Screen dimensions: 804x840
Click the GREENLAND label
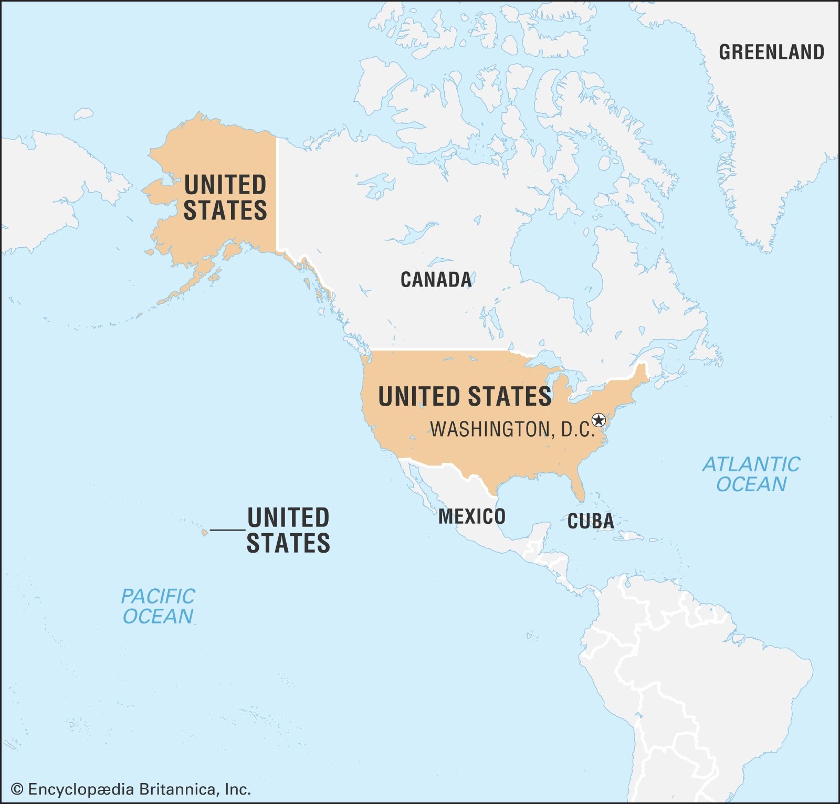(771, 52)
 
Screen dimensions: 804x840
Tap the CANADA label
(436, 280)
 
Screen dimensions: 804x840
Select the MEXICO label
(471, 516)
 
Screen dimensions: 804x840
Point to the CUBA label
(590, 521)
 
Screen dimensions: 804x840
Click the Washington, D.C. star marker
(598, 420)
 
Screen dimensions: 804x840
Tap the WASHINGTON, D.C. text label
(512, 429)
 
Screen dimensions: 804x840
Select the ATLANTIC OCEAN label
(751, 474)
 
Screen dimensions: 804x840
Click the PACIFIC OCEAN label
(157, 606)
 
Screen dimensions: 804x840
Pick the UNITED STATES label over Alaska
(225, 198)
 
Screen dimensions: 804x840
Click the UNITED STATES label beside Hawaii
(288, 530)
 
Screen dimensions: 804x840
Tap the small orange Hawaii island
(205, 533)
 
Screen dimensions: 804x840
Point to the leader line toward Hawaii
(228, 530)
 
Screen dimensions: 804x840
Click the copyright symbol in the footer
(17, 789)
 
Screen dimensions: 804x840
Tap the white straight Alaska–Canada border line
(277, 194)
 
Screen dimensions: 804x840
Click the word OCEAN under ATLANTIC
(751, 484)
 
